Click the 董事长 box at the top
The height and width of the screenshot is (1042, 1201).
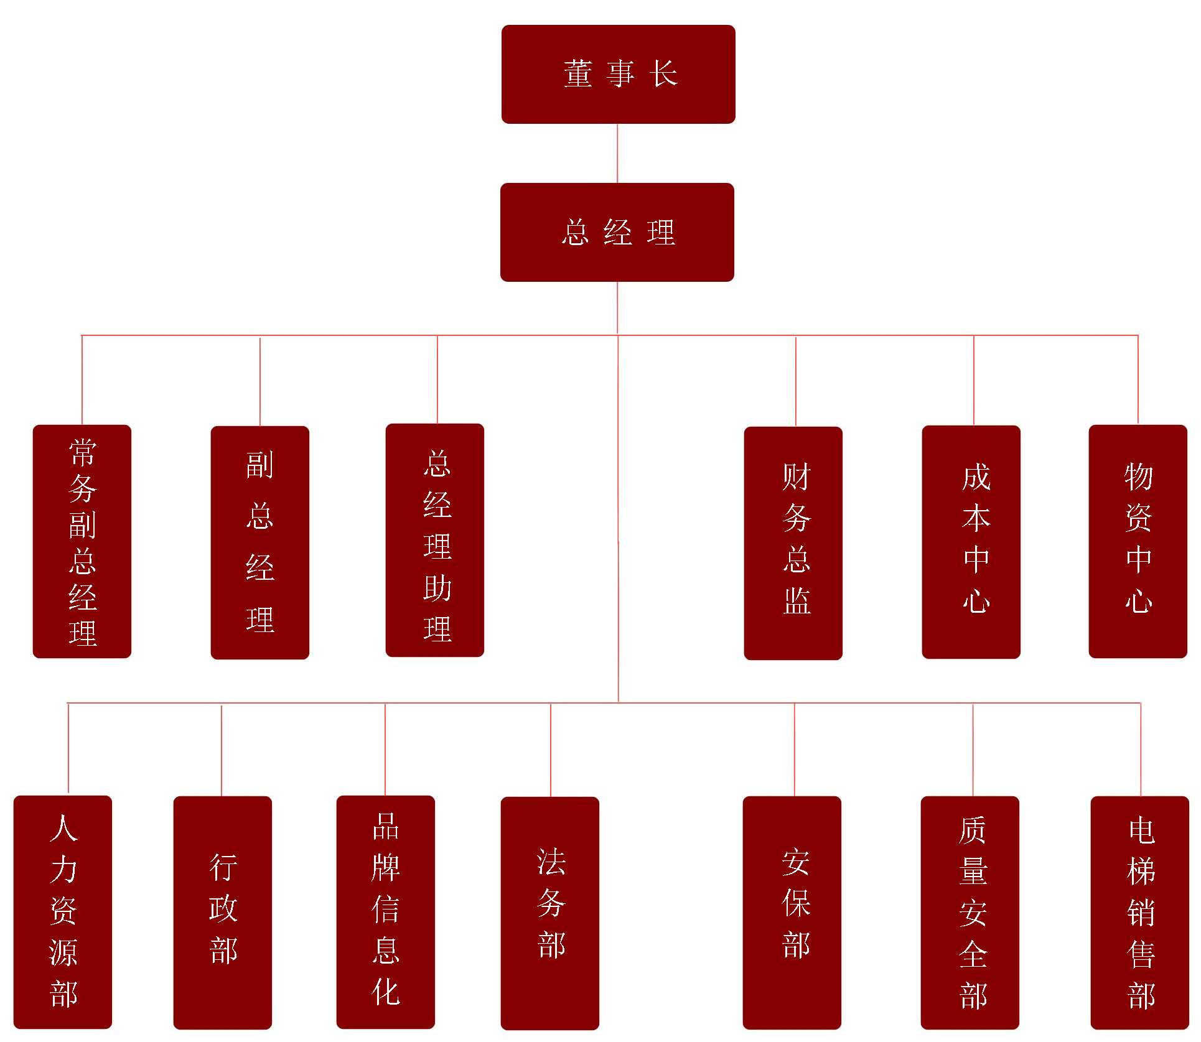pyautogui.click(x=618, y=74)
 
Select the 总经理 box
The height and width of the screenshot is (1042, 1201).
pyautogui.click(x=617, y=232)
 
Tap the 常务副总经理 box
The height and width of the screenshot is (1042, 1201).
pyautogui.click(x=82, y=541)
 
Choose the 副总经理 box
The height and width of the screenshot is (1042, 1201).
pyautogui.click(x=259, y=542)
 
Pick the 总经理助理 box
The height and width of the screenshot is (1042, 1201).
pyautogui.click(x=435, y=540)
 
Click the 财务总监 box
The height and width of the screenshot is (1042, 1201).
pyautogui.click(x=793, y=542)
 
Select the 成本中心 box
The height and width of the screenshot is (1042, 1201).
pyautogui.click(x=971, y=542)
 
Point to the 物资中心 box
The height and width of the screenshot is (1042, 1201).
pyautogui.click(x=1138, y=541)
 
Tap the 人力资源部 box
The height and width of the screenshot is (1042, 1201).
pyautogui.click(x=63, y=912)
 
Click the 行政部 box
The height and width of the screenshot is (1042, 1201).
pyautogui.click(x=223, y=913)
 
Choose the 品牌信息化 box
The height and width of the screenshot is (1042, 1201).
pyautogui.click(x=386, y=912)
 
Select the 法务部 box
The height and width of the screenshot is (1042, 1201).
pyautogui.click(x=550, y=913)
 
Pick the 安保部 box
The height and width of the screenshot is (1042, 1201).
pyautogui.click(x=792, y=913)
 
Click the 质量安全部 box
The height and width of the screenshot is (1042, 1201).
pyautogui.click(x=970, y=913)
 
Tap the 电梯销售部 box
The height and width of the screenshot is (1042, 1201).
pyautogui.click(x=1140, y=913)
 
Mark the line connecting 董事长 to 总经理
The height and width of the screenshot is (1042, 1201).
pyautogui.click(x=617, y=153)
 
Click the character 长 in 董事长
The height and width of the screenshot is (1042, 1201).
pyautogui.click(x=663, y=74)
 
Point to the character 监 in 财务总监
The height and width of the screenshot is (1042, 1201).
pyautogui.click(x=797, y=600)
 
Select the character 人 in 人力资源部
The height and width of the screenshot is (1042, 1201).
pyautogui.click(x=63, y=828)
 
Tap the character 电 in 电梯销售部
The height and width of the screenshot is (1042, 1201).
pyautogui.click(x=1141, y=831)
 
